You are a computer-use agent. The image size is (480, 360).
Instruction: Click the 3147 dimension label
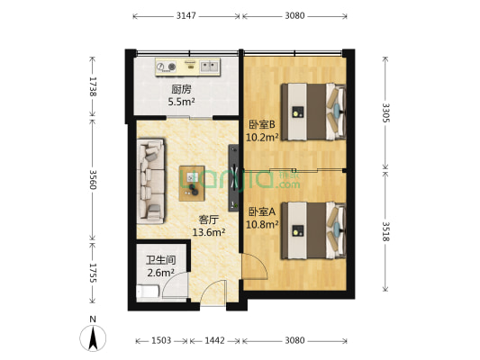(186, 15)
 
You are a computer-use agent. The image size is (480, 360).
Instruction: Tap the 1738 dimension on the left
(93, 86)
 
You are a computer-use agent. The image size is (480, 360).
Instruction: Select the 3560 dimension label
(93, 179)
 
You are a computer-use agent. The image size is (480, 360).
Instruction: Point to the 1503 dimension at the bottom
(161, 340)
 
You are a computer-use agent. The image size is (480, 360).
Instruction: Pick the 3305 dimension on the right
(386, 112)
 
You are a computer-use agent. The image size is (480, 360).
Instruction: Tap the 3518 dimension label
(386, 231)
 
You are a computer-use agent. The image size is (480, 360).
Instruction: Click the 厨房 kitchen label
(181, 90)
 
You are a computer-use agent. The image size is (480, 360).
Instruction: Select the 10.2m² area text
(262, 138)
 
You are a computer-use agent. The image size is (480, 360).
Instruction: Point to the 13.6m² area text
(209, 232)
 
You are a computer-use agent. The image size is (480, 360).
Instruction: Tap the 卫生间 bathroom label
(161, 260)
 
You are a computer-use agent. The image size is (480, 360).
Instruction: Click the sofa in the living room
(150, 181)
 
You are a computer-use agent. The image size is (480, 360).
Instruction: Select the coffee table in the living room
(192, 184)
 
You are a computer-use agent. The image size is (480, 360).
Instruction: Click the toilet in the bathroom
(148, 292)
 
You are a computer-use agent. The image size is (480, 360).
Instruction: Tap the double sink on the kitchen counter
(210, 67)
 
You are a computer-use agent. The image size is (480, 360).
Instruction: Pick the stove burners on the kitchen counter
(167, 67)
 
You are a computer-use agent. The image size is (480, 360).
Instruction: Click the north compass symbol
(93, 338)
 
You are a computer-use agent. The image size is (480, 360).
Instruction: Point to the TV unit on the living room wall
(233, 177)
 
